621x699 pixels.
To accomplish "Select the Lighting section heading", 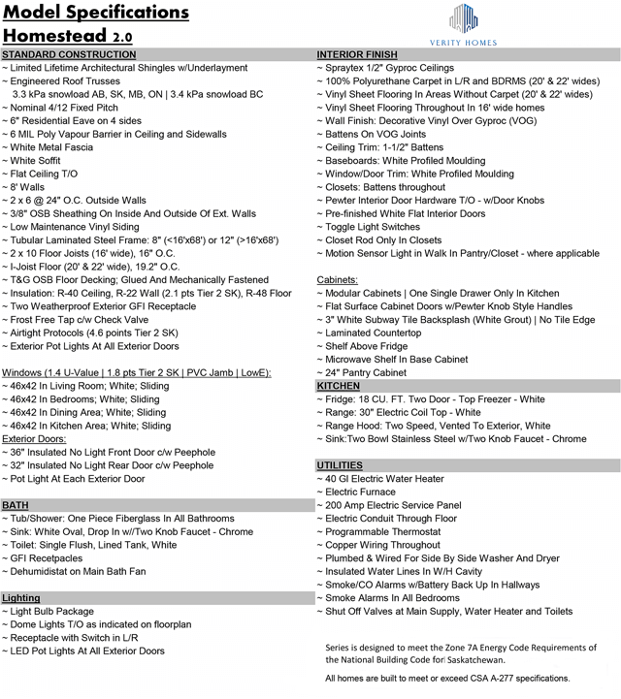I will [22, 598].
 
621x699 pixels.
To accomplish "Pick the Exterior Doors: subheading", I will [38, 438].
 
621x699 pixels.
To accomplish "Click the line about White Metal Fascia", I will [54, 146].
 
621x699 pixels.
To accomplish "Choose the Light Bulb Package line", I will [57, 612].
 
